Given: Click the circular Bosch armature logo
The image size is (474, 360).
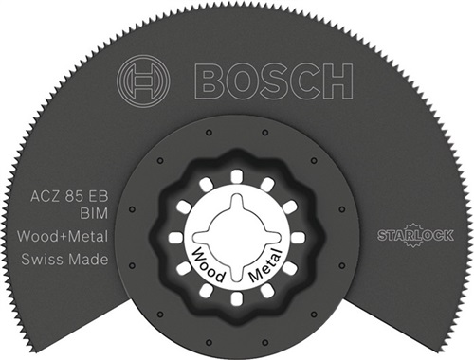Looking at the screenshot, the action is [143, 80].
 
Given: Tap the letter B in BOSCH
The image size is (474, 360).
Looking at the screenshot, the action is [210, 80].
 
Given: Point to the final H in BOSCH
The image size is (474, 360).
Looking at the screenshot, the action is [337, 80].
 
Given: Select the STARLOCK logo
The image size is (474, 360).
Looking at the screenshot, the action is [415, 235].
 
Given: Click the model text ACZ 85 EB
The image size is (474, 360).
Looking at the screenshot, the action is [69, 197].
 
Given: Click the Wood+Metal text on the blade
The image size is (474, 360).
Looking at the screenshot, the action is [63, 237].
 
